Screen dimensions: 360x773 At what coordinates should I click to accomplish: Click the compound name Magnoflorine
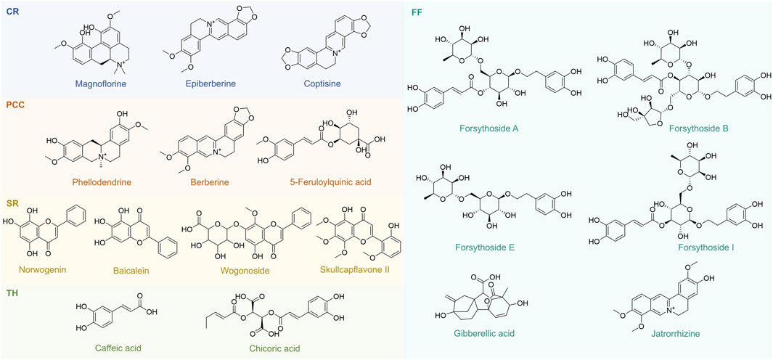tap(91, 83)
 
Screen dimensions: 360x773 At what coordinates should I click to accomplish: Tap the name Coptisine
tap(324, 83)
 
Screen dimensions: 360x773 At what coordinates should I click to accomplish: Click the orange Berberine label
tap(217, 181)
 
